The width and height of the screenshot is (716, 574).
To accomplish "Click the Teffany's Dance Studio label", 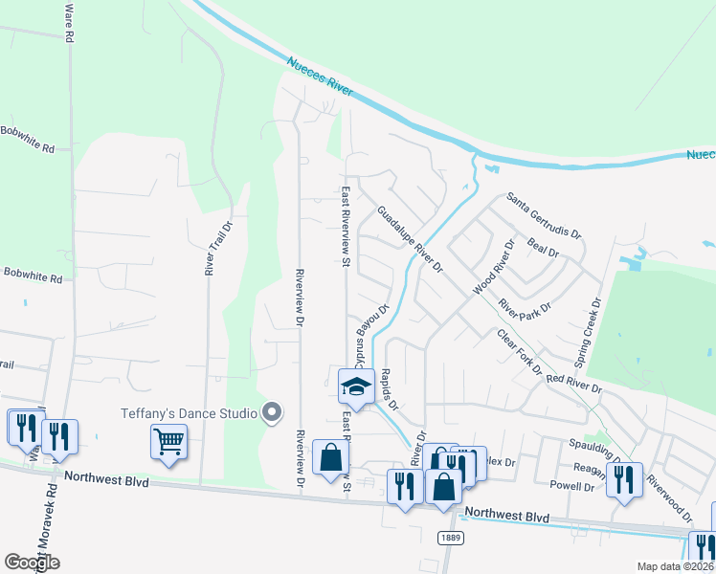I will (189, 413).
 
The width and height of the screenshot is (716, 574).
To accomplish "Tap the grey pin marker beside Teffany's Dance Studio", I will (272, 413).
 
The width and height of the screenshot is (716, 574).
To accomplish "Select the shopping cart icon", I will (168, 441).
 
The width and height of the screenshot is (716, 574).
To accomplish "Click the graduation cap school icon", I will (356, 386).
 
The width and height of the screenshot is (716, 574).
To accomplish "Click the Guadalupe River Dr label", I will (409, 240).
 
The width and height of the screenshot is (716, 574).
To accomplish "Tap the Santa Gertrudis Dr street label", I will (544, 215).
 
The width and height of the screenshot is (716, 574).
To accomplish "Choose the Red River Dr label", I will (573, 383).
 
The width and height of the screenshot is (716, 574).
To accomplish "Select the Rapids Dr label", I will (389, 390).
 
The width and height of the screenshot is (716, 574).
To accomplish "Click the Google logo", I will (33, 563).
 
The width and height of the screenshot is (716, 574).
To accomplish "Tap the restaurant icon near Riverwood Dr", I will (623, 479).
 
